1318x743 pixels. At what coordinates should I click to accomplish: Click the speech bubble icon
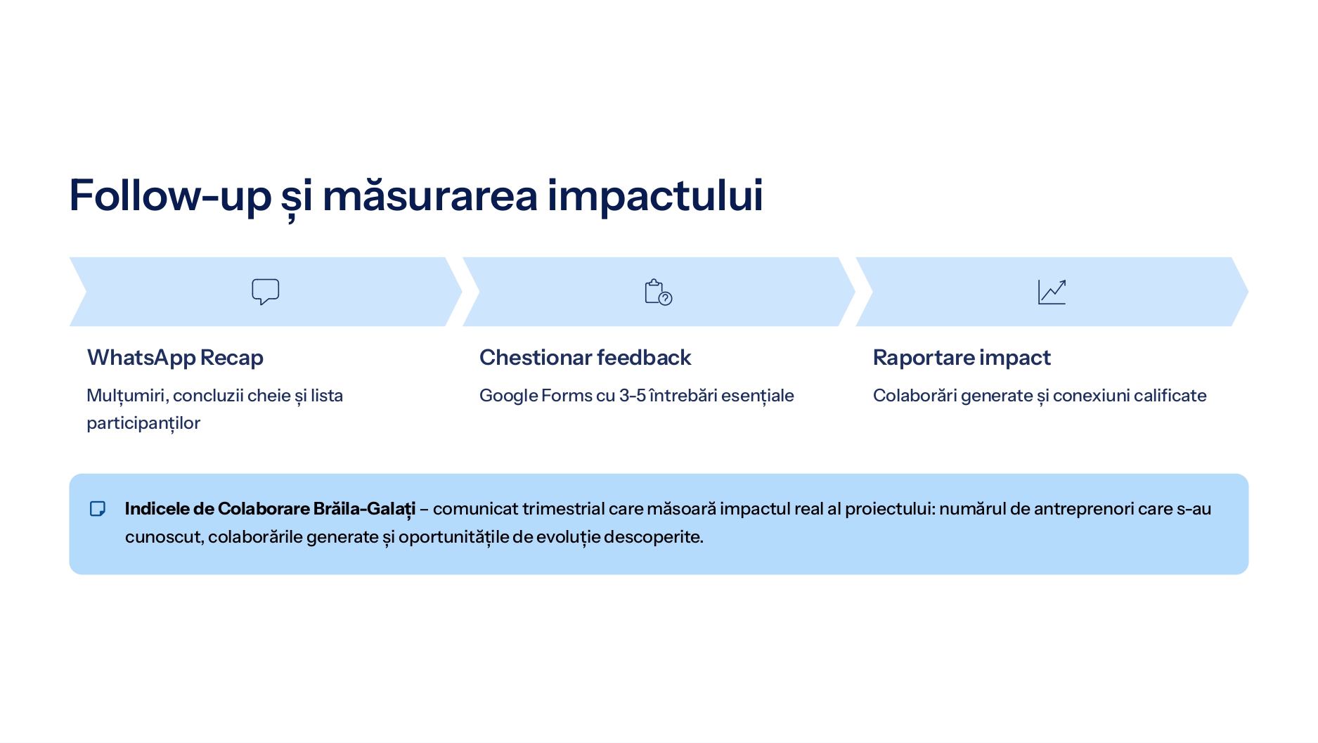[x=266, y=292]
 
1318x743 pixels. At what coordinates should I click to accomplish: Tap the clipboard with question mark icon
[x=658, y=292]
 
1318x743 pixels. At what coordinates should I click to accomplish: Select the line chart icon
[x=1052, y=292]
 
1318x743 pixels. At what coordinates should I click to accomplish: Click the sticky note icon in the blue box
[x=98, y=508]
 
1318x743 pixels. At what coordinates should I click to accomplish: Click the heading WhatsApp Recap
[x=175, y=358]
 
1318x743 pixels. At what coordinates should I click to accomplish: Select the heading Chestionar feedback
[x=586, y=358]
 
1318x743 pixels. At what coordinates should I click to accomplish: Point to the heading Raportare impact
[x=962, y=358]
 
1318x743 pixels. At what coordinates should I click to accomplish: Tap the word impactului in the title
[x=655, y=195]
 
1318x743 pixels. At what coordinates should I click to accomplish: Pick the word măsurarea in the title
[x=430, y=195]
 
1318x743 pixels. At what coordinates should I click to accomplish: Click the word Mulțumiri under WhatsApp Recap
[x=128, y=396]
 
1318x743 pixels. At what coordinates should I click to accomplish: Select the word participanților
[x=143, y=423]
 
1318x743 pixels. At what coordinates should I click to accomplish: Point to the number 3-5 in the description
[x=633, y=396]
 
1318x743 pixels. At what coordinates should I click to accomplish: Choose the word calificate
[x=1170, y=396]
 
